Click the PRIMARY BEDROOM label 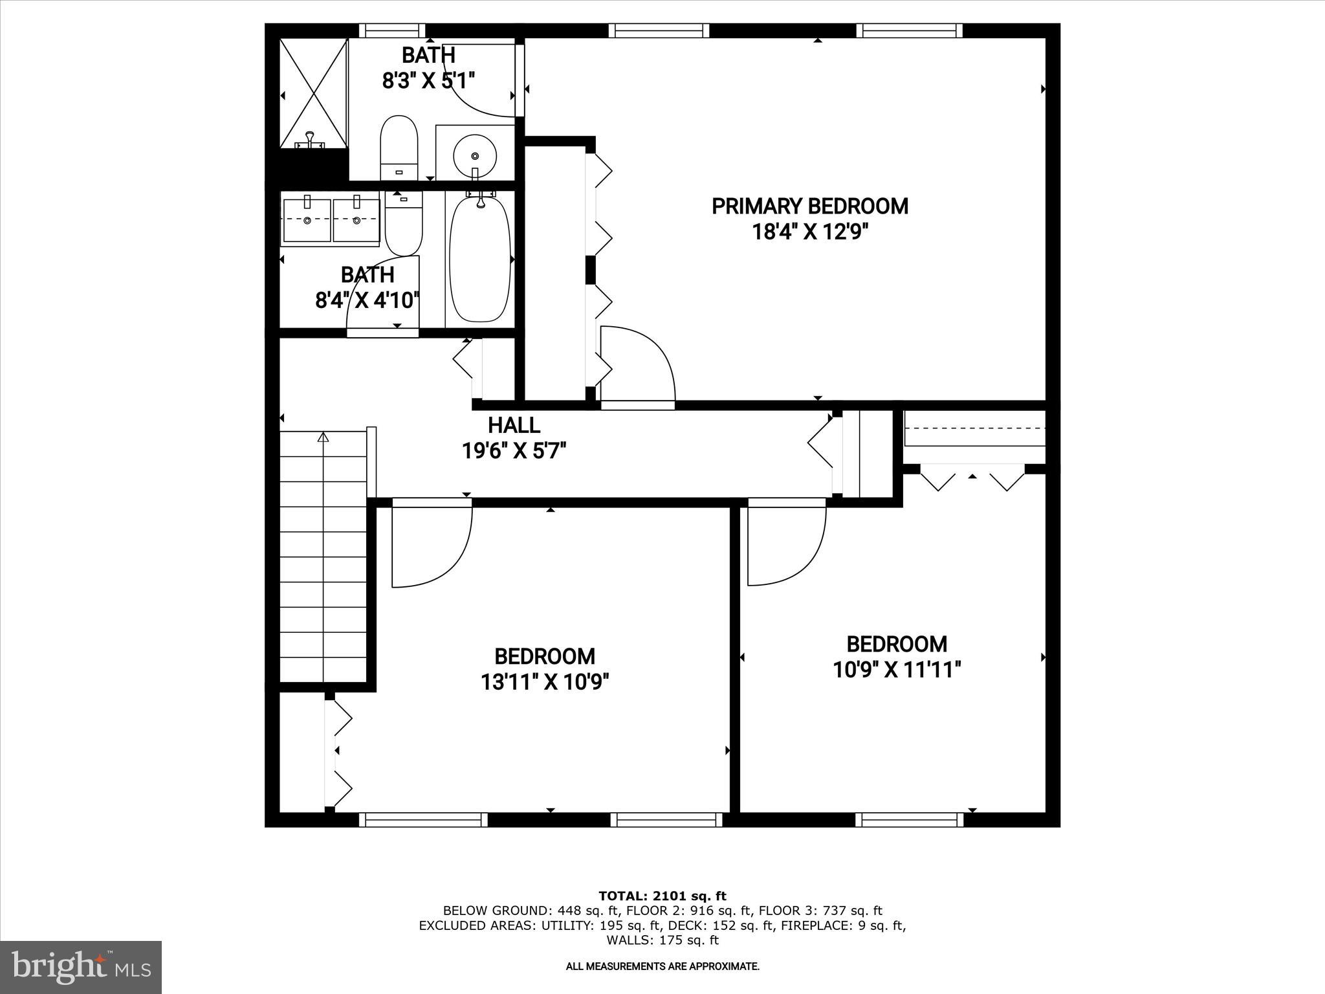(809, 206)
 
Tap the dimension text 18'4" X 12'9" (809, 232)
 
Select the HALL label (514, 425)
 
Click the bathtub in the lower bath (480, 259)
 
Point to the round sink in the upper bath (475, 155)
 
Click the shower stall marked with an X (314, 93)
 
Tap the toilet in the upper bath (398, 146)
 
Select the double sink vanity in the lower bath (331, 220)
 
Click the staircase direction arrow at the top (323, 438)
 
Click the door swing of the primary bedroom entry (637, 366)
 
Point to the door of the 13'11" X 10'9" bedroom (430, 544)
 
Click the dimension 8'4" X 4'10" (367, 300)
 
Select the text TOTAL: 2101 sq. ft (662, 896)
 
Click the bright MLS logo (81, 967)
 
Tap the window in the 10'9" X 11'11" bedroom (909, 819)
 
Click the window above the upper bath (392, 30)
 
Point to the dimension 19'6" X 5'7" (514, 450)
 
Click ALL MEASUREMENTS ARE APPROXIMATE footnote (662, 966)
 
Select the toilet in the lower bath (404, 223)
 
